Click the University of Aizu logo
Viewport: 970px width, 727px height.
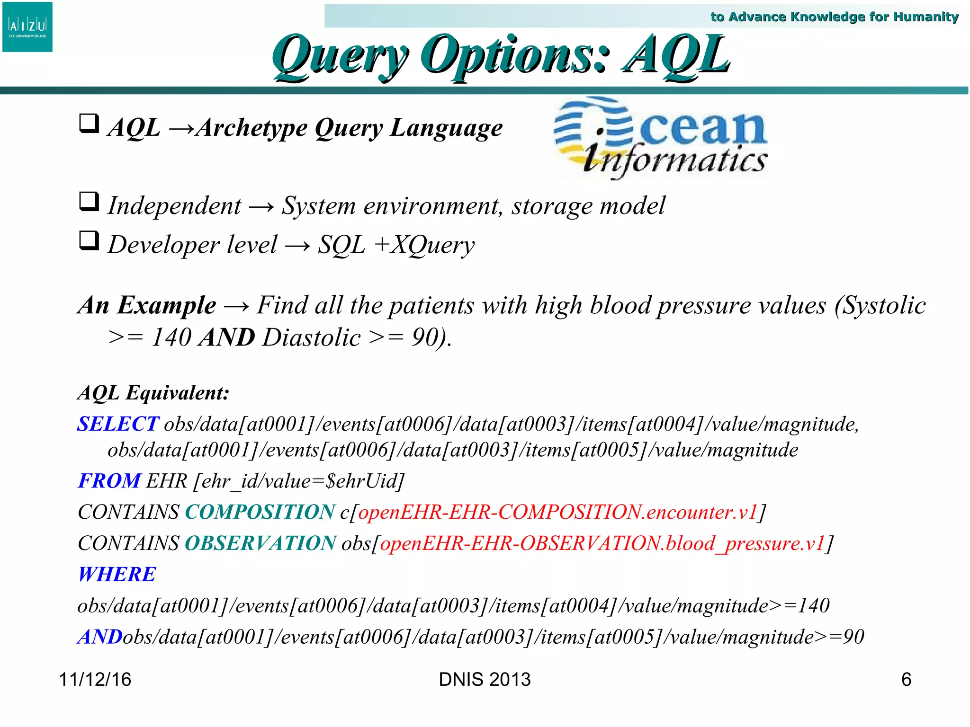(x=27, y=27)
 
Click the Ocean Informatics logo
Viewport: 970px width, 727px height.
(x=660, y=138)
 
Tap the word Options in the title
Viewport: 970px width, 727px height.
(x=513, y=56)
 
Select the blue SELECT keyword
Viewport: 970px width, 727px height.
(x=118, y=424)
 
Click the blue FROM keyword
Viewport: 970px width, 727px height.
(x=109, y=481)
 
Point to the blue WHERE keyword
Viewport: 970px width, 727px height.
(x=117, y=575)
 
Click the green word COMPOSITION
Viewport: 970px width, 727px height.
(x=260, y=512)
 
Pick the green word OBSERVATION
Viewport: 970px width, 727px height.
(x=260, y=543)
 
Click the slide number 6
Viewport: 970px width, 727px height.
(x=906, y=680)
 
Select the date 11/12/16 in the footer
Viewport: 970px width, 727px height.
(x=95, y=680)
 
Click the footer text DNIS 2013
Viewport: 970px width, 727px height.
(x=485, y=680)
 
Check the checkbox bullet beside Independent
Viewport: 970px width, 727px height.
(x=89, y=202)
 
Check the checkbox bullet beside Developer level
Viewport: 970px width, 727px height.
(x=89, y=241)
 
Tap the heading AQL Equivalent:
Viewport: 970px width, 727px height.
(x=153, y=393)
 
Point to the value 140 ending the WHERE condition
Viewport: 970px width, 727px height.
(x=814, y=606)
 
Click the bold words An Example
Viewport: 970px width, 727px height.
(x=147, y=305)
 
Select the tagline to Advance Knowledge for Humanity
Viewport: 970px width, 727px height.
(x=834, y=17)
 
